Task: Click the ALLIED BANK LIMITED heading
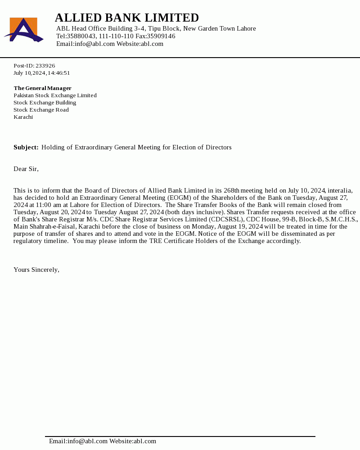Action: click(126, 18)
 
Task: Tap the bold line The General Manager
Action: click(42, 88)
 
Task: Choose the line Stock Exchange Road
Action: click(41, 110)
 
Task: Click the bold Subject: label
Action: click(26, 147)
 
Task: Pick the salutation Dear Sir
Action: click(26, 169)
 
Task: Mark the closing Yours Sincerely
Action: click(36, 270)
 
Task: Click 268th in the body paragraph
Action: click(231, 190)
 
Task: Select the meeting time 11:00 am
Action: click(48, 205)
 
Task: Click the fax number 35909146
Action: click(161, 36)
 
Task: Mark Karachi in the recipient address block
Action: click(23, 117)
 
